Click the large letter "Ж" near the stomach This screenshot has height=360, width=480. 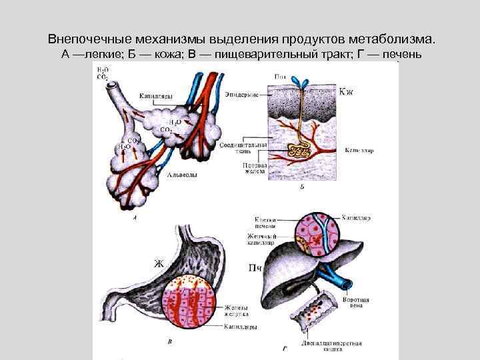click(159, 263)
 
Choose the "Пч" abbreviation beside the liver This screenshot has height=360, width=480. click(253, 268)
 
